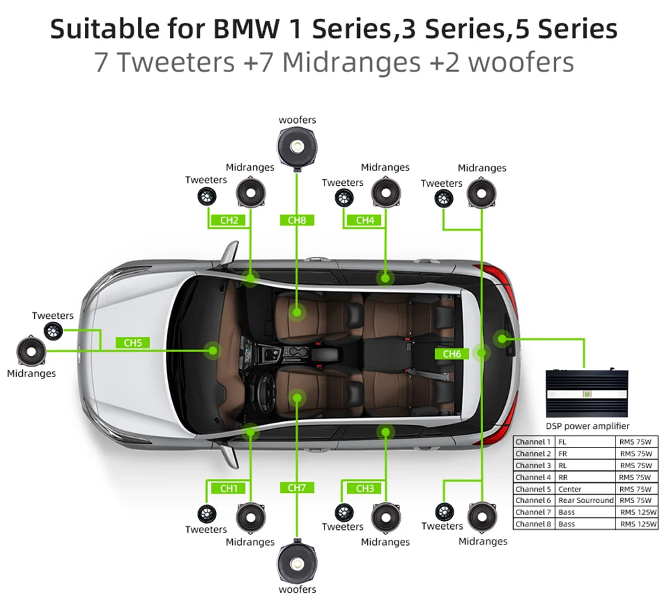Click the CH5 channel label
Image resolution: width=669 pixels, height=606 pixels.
pos(132,343)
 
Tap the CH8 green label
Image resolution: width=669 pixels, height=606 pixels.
pos(296,219)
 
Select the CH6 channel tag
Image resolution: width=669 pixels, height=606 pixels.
pos(452,353)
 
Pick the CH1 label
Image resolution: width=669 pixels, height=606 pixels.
pos(229,488)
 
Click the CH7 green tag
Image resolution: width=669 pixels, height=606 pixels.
pos(296,488)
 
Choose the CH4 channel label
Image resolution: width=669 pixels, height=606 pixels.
pos(365,219)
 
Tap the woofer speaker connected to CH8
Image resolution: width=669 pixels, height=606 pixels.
pos(296,146)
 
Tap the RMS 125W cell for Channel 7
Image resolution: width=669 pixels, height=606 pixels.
pos(638,512)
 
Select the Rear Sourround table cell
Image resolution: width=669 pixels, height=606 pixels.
pos(585,500)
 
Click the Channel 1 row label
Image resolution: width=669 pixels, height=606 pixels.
pos(533,442)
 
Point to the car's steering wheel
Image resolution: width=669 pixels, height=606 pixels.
pos(268,387)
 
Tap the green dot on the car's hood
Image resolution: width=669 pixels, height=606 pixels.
pos(214,350)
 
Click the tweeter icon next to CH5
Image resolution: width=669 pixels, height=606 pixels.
pos(53,330)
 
